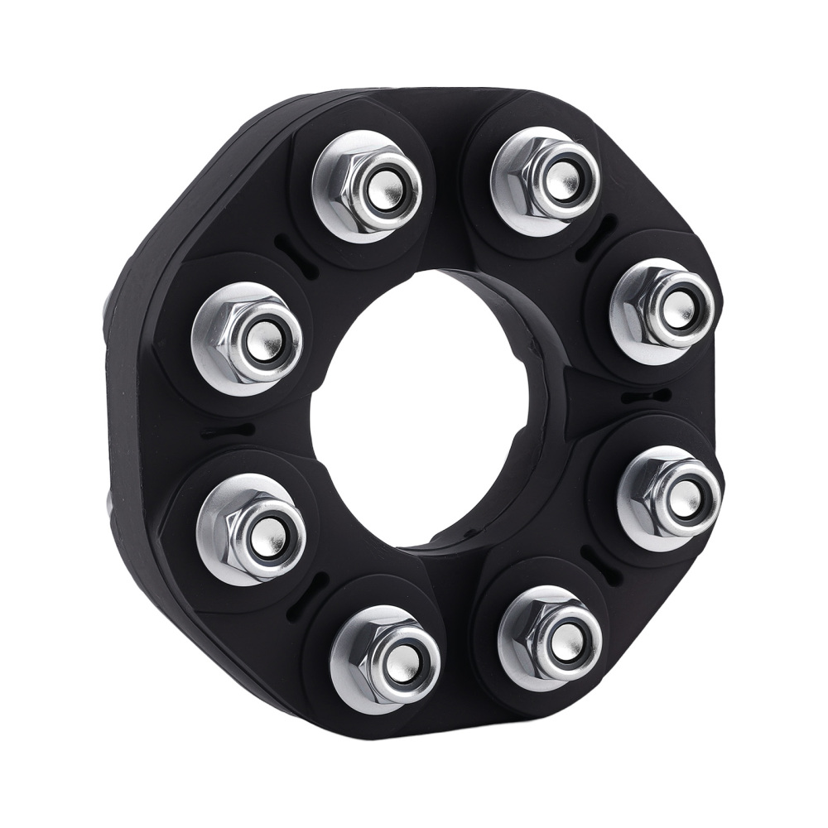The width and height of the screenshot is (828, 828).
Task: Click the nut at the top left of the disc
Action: tap(368, 186)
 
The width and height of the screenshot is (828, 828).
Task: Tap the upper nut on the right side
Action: tap(662, 310)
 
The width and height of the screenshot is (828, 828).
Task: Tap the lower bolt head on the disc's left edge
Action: tap(109, 501)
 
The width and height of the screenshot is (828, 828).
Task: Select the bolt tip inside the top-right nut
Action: tap(561, 179)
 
